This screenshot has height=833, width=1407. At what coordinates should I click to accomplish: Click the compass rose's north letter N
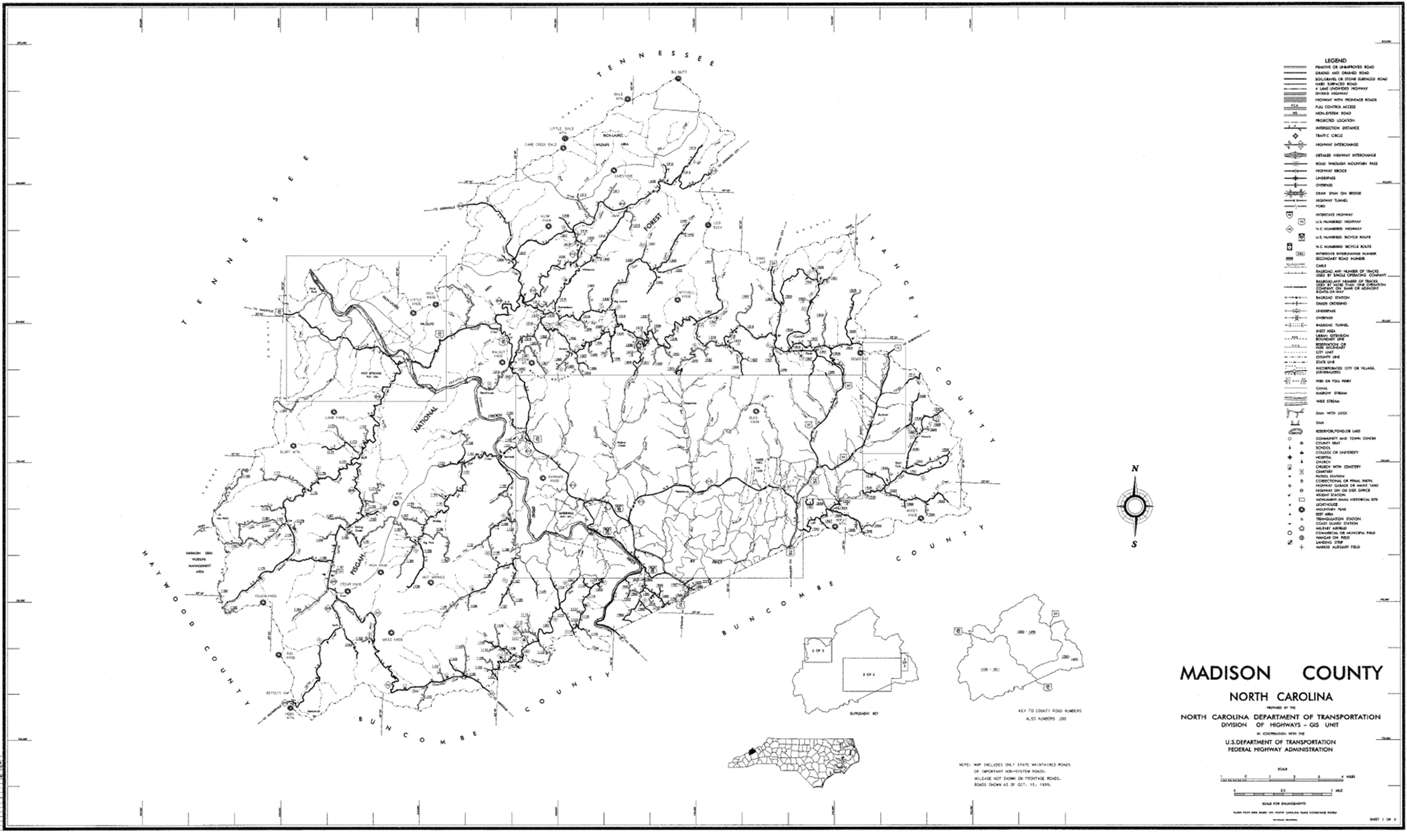point(1134,469)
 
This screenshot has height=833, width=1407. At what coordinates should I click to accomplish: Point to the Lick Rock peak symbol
point(708,226)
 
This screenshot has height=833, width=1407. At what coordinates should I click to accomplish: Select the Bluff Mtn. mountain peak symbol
point(293,445)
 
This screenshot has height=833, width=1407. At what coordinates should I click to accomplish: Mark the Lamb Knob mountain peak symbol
point(333,411)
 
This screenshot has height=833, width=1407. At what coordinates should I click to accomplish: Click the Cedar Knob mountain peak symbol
point(347,592)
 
